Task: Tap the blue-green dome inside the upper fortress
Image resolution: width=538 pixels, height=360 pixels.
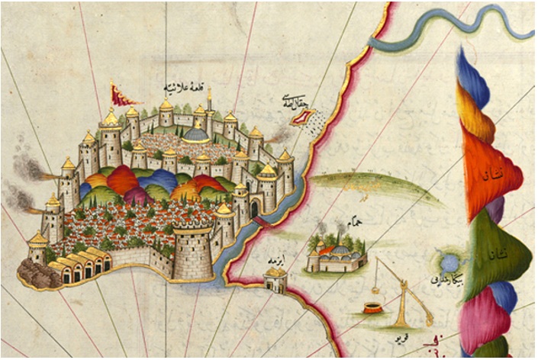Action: click(x=197, y=134)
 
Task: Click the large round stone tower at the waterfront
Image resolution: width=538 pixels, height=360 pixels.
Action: click(x=193, y=252)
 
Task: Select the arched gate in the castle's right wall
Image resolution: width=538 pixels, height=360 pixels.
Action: click(x=254, y=207)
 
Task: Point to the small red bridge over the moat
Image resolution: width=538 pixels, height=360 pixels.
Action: click(x=261, y=220)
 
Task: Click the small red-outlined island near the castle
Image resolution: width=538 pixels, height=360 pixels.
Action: click(x=307, y=116)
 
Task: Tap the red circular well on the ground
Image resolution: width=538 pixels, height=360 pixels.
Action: click(x=372, y=309)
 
